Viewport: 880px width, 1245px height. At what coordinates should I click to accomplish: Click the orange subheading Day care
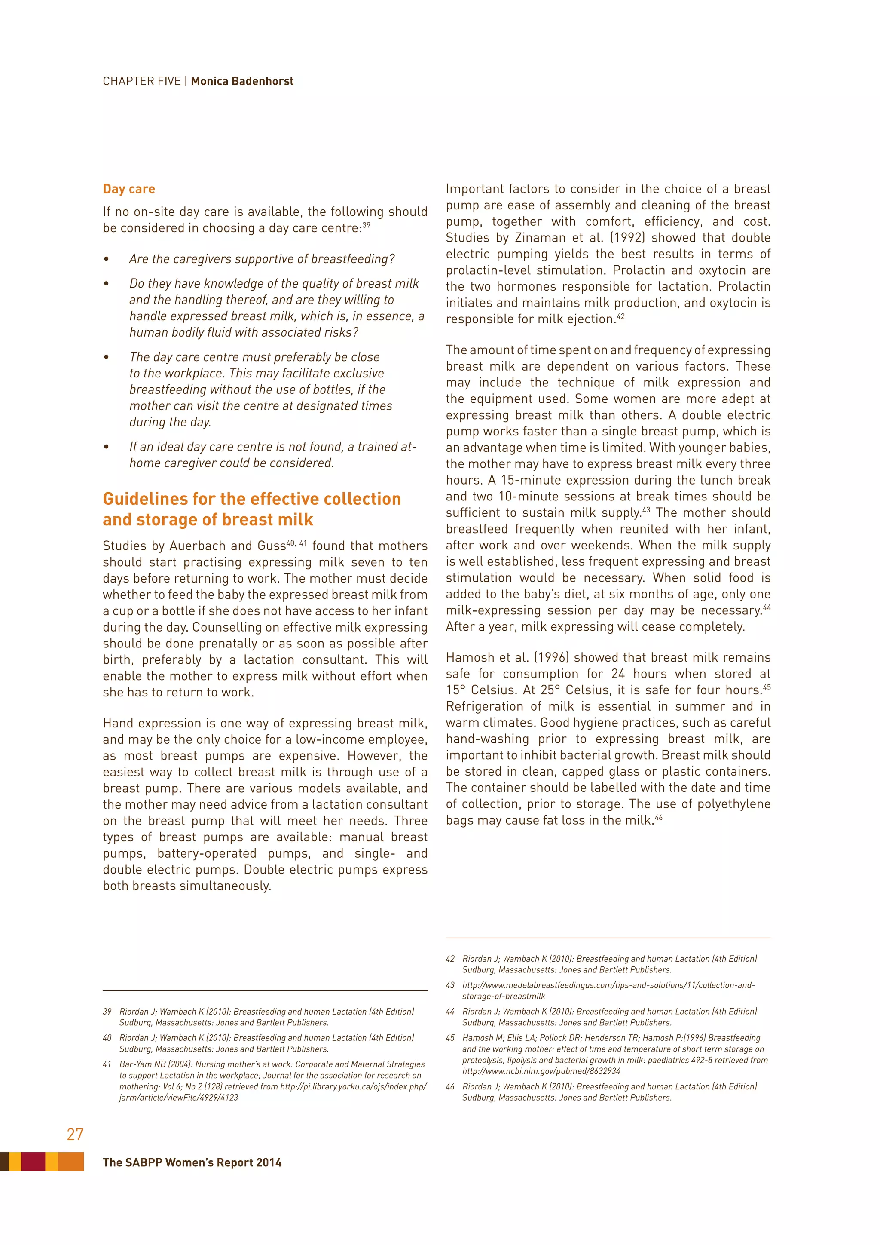click(x=129, y=189)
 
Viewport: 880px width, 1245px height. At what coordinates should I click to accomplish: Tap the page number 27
click(x=75, y=1134)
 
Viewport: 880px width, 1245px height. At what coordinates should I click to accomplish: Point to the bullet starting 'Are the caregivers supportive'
click(x=262, y=259)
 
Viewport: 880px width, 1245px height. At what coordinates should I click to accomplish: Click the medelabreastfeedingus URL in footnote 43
click(x=608, y=985)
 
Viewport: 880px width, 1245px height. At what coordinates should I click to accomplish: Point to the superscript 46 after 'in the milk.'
click(x=658, y=817)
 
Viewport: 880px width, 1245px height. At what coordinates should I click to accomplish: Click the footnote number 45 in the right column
click(x=450, y=1038)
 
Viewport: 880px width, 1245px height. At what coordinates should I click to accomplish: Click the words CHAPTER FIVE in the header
click(x=141, y=81)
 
